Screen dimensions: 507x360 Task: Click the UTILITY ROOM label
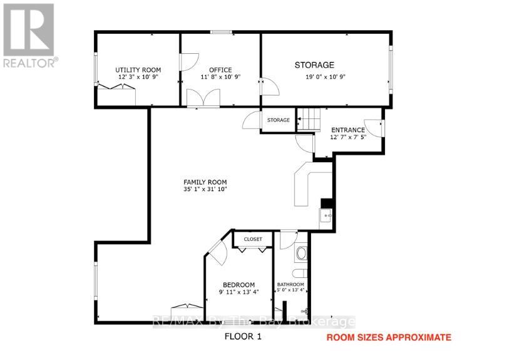tap(138, 70)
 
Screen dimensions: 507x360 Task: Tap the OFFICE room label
tap(220, 70)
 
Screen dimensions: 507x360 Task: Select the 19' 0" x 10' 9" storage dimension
tap(325, 77)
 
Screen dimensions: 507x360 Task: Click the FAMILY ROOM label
tap(205, 182)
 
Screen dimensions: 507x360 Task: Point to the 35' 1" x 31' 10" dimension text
tap(205, 189)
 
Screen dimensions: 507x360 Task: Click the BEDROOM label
tap(238, 285)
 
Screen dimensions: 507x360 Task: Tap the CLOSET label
tap(253, 239)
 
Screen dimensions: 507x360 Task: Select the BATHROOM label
tap(290, 284)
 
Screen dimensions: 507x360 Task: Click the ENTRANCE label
tap(348, 130)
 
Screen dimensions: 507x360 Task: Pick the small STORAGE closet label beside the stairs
tap(279, 120)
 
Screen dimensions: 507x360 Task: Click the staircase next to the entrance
tap(309, 120)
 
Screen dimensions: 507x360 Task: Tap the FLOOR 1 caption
tap(243, 336)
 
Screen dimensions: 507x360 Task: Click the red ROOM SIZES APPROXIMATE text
tap(389, 337)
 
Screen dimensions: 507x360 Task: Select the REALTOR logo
tap(29, 36)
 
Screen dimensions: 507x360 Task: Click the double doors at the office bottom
tap(203, 98)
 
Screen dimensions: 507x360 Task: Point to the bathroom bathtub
tap(301, 254)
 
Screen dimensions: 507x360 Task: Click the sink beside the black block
tap(325, 215)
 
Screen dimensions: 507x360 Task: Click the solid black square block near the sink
tap(327, 203)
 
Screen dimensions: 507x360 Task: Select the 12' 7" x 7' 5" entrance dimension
tap(348, 137)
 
